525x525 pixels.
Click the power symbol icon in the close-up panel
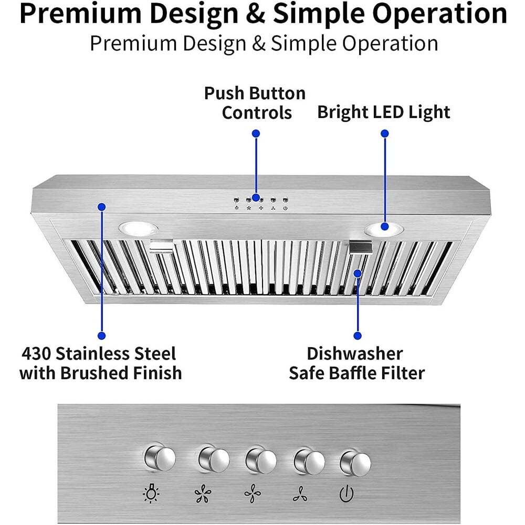pos(346,494)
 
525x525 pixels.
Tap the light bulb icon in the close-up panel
pos(153,493)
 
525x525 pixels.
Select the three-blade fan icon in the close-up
pos(300,494)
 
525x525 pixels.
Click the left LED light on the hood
pos(139,228)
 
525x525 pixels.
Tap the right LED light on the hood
pos(384,228)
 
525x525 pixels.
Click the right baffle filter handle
pos(361,246)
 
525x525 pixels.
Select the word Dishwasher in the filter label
pos(355,353)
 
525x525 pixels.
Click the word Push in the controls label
pos(225,93)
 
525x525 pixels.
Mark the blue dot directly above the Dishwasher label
pos(358,335)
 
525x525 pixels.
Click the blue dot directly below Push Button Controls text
pos(256,134)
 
